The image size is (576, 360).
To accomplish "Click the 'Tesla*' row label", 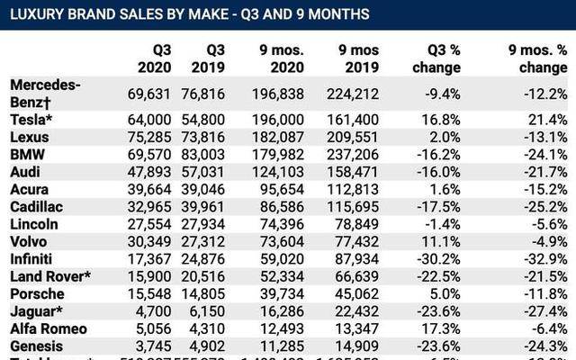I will coord(33,120).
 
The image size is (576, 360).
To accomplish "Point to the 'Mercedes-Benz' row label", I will coord(46,92).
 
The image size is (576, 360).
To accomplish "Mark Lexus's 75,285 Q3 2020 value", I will coord(151,138).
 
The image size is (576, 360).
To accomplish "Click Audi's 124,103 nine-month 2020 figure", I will coord(281,172).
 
